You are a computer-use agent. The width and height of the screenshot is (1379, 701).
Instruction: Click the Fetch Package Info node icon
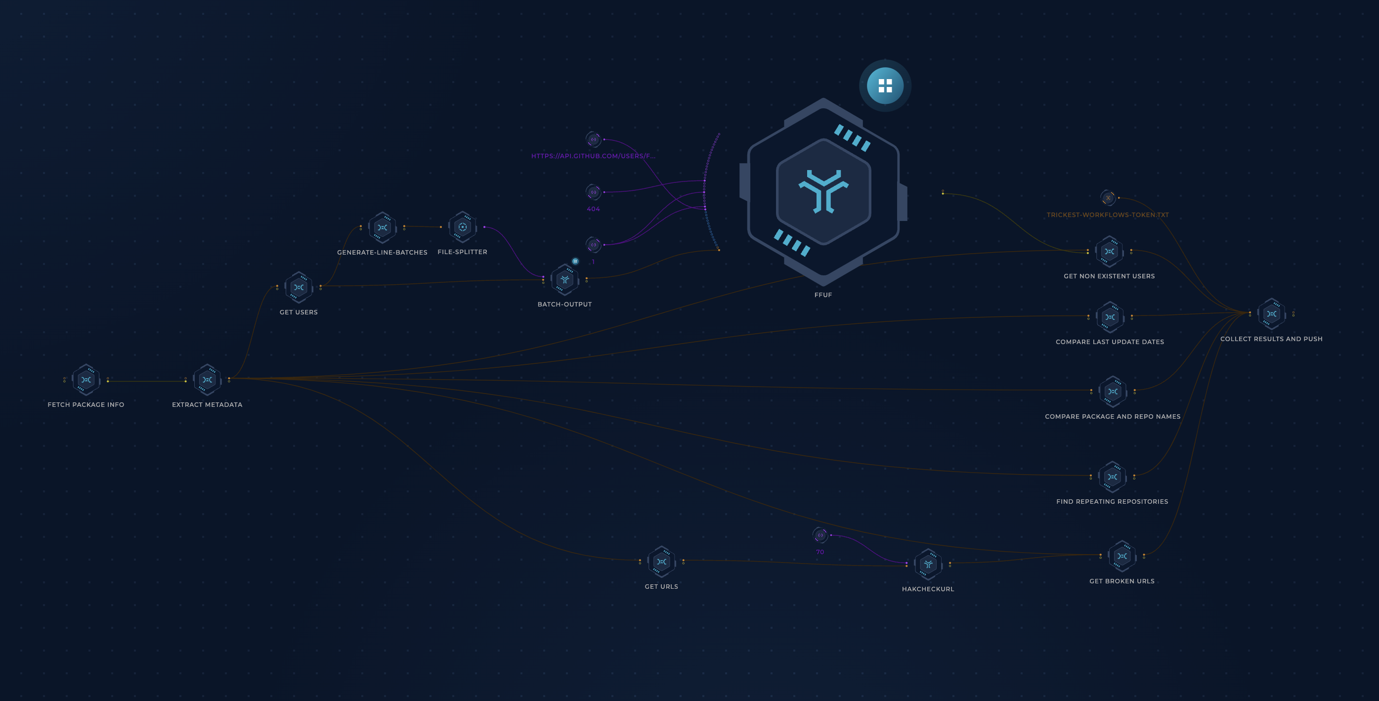coord(86,380)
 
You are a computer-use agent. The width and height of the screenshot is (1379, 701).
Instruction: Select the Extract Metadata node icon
coord(207,380)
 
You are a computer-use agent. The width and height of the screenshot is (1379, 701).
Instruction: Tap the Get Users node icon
coord(299,287)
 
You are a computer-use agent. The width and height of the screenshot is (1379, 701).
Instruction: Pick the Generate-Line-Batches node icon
coord(382,227)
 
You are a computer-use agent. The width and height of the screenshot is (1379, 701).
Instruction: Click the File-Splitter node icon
coord(463,227)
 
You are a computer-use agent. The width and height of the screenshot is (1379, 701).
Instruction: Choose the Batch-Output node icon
coord(565,279)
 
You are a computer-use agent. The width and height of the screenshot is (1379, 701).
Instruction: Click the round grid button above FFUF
coord(885,86)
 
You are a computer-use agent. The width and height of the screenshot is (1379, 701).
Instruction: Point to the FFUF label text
coord(823,295)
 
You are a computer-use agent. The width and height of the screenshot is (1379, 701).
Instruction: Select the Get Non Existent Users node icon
coord(1109,251)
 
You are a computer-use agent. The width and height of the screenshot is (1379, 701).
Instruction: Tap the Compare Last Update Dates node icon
coord(1110,317)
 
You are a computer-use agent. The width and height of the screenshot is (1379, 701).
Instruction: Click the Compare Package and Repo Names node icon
coord(1113,392)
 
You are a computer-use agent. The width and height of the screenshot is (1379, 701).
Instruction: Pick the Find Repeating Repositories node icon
coord(1112,477)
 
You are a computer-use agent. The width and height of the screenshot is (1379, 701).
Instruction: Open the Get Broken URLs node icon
coord(1122,556)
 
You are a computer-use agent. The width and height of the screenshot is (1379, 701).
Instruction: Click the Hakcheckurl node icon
coord(928,564)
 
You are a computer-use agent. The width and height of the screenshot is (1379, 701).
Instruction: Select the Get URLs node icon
coord(661,562)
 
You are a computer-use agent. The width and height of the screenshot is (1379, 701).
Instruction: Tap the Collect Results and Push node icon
coord(1271,314)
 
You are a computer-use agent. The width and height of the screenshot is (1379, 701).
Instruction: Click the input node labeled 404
coord(593,192)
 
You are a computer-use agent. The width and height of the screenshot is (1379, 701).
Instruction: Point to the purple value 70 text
coord(819,552)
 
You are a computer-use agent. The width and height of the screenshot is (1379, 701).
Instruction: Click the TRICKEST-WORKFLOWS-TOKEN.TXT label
coord(1108,215)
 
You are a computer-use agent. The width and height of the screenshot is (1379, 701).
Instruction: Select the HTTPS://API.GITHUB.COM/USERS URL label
coord(593,156)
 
